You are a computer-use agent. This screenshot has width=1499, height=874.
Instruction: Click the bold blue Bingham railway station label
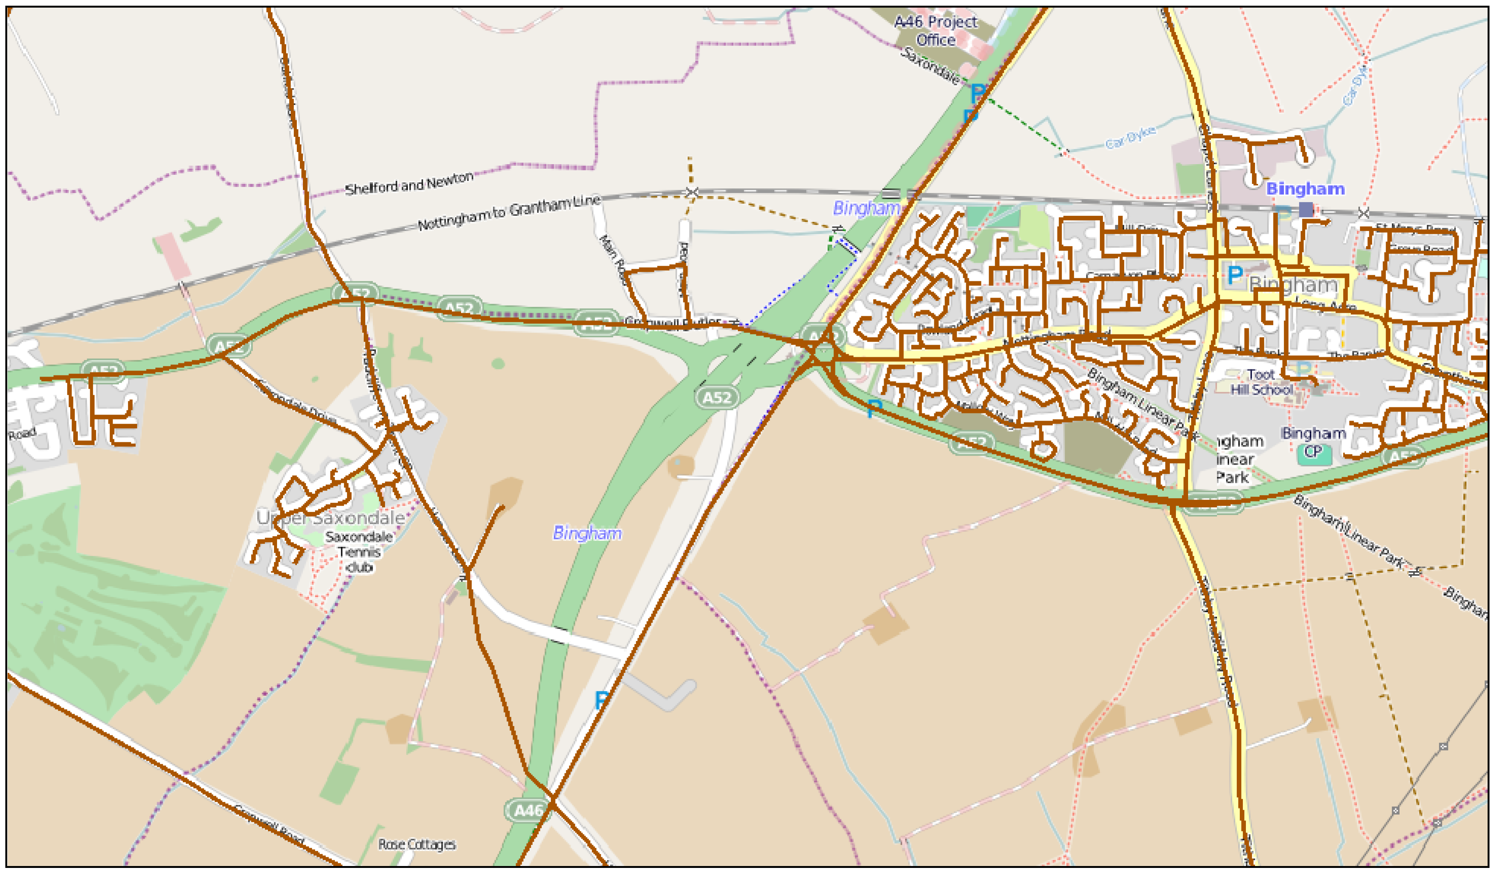tap(1305, 189)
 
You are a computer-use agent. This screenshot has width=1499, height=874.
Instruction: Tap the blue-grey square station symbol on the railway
tap(1306, 209)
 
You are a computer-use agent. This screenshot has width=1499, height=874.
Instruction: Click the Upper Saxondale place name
tap(331, 518)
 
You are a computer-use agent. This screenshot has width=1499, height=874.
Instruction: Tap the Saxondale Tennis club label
tap(359, 552)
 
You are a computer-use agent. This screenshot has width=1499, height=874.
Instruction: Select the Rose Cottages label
tap(417, 844)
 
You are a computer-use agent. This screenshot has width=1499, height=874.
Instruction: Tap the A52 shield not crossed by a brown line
tap(717, 397)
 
